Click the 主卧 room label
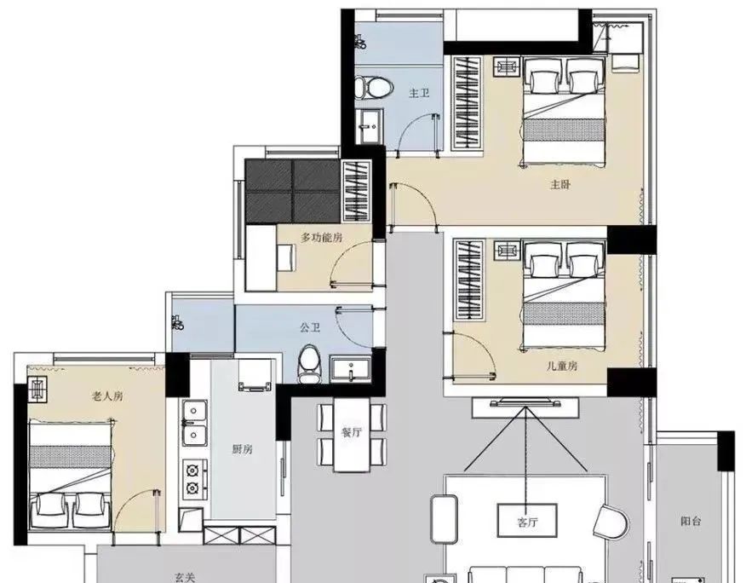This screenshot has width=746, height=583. pos(560,184)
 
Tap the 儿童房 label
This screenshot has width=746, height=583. pos(562,366)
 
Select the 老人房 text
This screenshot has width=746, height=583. pos(107,395)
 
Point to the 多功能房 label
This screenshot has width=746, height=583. pos(322,237)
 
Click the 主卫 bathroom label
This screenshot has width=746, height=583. pos(419,93)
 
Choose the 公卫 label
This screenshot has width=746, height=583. pos(310,327)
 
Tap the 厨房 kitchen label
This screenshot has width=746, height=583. pos(242,449)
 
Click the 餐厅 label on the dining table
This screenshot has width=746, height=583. pos(352,432)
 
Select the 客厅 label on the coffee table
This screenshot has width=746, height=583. pos(527,522)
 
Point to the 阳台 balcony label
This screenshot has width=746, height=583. pos(691,521)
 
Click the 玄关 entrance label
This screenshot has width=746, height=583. pos(185,578)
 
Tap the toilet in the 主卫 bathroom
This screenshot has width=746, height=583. pos(374,88)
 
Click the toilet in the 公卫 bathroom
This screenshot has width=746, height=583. pos(310,366)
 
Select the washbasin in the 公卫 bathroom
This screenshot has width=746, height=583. pos(352,369)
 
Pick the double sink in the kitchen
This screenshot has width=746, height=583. pos(195,423)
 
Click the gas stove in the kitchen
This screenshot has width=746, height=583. pos(195,477)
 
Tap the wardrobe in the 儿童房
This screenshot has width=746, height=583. pos(469,281)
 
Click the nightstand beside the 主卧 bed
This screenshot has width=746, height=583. pos(507,66)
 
